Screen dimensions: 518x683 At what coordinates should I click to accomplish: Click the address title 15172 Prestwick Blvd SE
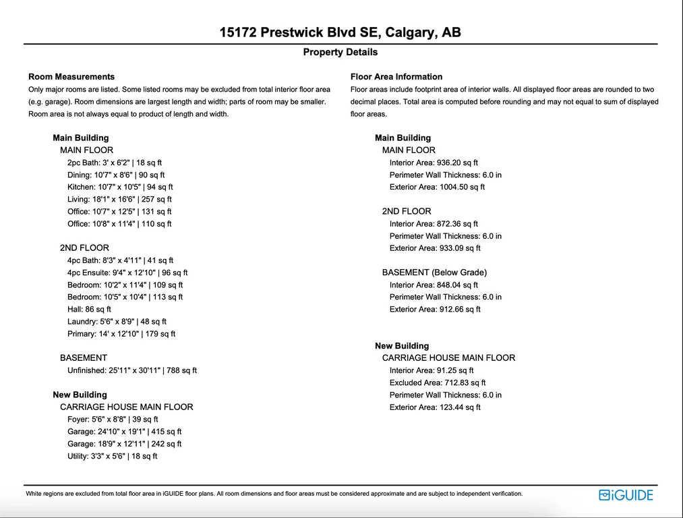(340, 32)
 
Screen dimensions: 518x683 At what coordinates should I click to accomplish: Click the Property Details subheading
(340, 52)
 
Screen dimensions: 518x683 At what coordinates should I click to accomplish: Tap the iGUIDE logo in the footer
(626, 495)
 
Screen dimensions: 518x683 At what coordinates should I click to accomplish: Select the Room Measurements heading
(71, 77)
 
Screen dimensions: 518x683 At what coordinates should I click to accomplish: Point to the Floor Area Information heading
(396, 77)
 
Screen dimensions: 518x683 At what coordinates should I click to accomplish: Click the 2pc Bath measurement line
(115, 163)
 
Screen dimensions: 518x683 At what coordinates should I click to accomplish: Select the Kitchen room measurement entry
(120, 187)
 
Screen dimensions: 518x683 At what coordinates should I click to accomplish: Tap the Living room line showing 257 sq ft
(119, 199)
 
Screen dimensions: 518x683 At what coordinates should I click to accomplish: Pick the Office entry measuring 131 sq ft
(119, 211)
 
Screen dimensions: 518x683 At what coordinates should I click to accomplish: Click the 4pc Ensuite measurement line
(127, 272)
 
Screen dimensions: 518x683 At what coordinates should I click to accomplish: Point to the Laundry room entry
(117, 322)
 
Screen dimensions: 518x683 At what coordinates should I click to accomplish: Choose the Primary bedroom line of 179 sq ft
(121, 334)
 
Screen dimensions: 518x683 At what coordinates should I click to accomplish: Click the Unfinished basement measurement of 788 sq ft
(132, 370)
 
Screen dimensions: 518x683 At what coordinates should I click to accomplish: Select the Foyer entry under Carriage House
(113, 420)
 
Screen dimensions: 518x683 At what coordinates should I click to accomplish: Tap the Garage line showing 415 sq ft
(125, 432)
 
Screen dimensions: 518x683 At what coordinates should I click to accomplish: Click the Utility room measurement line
(112, 456)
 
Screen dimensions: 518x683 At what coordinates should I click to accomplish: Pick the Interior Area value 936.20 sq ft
(434, 163)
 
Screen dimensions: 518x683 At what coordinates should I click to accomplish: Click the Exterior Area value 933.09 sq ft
(435, 248)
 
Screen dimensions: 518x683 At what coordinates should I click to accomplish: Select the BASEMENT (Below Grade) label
(434, 272)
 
